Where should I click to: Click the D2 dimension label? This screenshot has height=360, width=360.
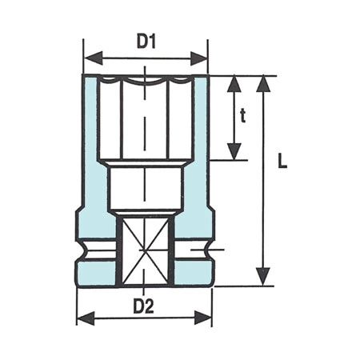tap(144, 305)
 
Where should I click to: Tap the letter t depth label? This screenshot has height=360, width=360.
tap(243, 116)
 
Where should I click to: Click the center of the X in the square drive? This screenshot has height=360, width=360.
tap(145, 251)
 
